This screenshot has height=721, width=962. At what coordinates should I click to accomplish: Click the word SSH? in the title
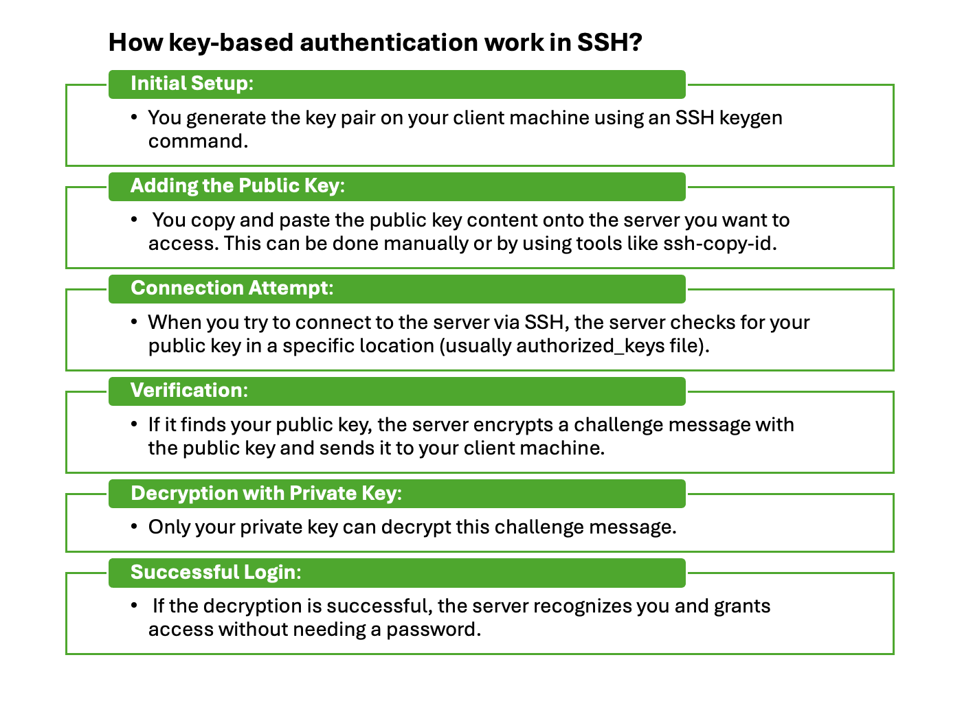(609, 43)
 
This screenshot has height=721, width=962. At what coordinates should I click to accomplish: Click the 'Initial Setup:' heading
(192, 83)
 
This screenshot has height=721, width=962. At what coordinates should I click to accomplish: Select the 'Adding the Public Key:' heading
(238, 185)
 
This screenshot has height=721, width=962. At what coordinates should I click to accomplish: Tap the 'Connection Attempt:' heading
(232, 288)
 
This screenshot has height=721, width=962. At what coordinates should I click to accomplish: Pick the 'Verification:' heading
(189, 390)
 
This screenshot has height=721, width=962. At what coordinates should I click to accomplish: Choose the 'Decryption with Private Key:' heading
(266, 493)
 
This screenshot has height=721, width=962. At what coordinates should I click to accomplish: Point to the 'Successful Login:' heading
(216, 572)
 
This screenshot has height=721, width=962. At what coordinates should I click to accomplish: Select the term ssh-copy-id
(719, 244)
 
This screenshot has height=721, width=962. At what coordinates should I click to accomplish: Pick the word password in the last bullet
(433, 630)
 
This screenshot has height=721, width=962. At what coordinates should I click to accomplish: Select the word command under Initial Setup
(198, 141)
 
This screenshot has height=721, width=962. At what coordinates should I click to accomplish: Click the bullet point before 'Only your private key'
(134, 527)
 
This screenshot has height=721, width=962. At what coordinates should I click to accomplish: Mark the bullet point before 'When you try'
(134, 322)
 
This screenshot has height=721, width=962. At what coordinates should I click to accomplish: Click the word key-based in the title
(230, 43)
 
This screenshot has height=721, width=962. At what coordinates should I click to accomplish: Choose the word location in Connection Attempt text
(396, 346)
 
